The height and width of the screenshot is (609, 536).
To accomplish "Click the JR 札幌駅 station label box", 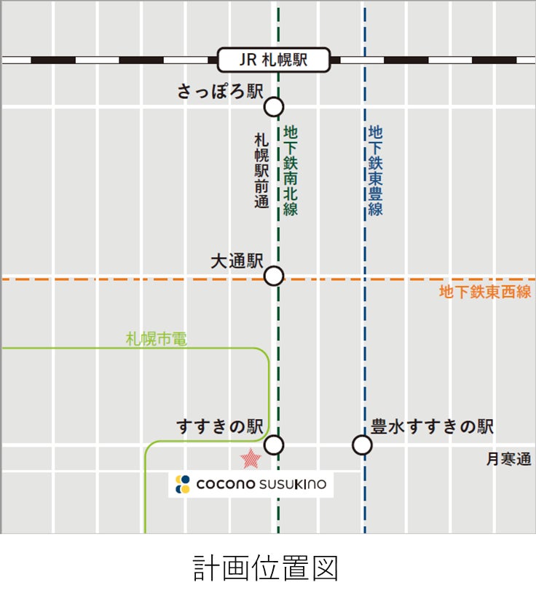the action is click(x=274, y=60).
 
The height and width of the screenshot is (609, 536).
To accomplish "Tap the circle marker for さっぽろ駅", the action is click(x=273, y=107).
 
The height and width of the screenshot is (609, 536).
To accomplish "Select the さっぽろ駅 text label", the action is click(x=220, y=92).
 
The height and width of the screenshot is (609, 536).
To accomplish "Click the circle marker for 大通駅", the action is click(x=273, y=276).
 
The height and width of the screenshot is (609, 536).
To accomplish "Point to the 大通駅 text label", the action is click(x=236, y=261).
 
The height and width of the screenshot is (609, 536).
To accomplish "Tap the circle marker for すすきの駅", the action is click(x=274, y=445).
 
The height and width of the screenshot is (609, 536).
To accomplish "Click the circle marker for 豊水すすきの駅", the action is click(x=362, y=445).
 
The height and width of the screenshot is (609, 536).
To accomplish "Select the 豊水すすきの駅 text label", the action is click(x=433, y=426).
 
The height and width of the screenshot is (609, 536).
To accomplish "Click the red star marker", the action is click(x=251, y=458).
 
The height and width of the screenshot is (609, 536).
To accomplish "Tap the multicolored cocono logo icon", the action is click(x=183, y=484).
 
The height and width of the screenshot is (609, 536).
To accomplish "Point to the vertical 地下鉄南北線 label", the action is click(x=291, y=170).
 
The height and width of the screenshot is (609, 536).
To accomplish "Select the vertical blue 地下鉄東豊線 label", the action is click(x=375, y=170).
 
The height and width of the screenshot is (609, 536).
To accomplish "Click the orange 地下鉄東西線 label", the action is click(x=485, y=292).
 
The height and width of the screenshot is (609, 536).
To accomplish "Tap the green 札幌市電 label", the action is click(x=157, y=339).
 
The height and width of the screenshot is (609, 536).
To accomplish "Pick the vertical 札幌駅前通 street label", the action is click(x=261, y=170).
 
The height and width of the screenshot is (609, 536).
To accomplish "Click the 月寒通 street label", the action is click(x=509, y=459).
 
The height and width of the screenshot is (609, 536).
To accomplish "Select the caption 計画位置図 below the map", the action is click(x=266, y=568).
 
